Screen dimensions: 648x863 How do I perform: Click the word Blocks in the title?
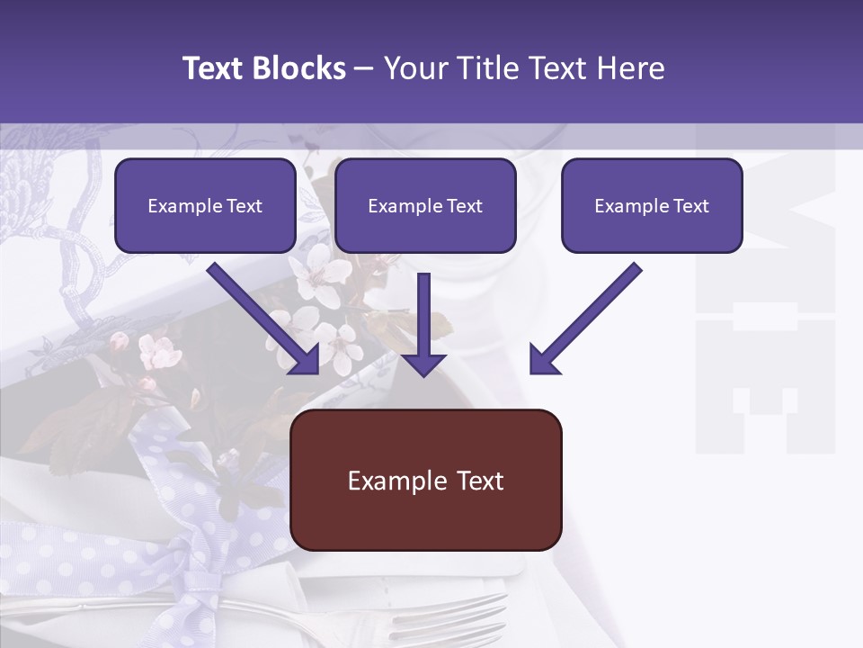(x=299, y=68)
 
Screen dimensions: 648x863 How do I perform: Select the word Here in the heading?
(x=629, y=68)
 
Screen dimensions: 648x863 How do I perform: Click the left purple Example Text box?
(x=205, y=206)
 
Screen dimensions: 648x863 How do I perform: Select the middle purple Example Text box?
(x=425, y=206)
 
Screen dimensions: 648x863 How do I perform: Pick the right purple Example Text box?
(x=652, y=206)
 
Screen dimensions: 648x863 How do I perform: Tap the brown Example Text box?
(x=425, y=480)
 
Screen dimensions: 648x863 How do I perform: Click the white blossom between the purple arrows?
(x=337, y=346)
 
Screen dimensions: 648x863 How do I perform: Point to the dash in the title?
(x=364, y=68)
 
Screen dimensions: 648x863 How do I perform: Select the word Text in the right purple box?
(x=690, y=206)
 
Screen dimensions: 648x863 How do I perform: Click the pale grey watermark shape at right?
(x=764, y=360)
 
